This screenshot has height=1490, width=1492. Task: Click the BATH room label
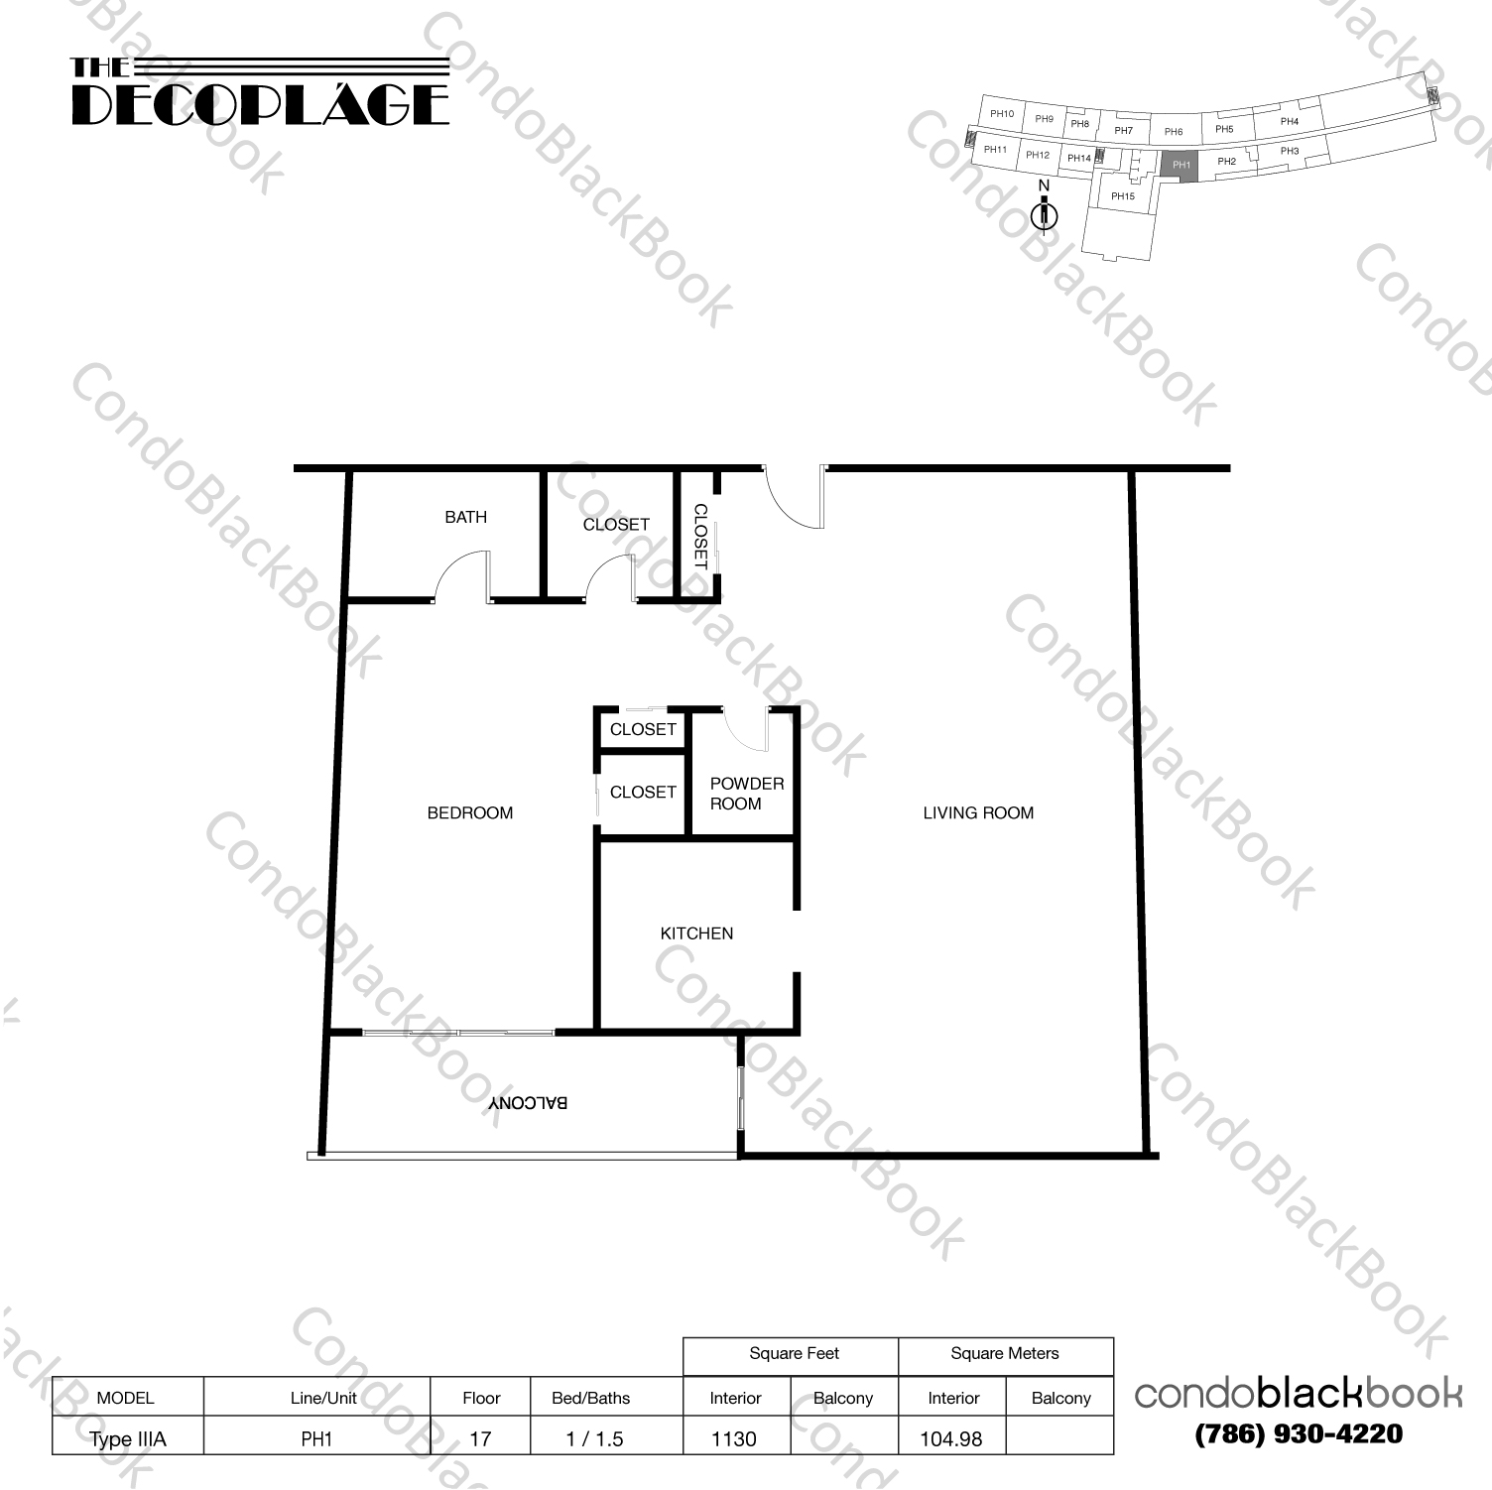tap(465, 517)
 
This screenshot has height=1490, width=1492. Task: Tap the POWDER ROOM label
tap(746, 794)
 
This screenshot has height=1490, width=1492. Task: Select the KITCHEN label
tap(696, 933)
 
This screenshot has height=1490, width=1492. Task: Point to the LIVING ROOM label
tap(977, 812)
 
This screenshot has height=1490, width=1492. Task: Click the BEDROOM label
tap(469, 812)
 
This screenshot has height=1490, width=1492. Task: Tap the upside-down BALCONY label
tap(527, 1103)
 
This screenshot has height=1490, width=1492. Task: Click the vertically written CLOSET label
tap(699, 536)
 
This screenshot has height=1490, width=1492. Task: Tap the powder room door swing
tap(745, 730)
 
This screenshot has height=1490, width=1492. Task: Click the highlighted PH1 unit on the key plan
tap(1180, 165)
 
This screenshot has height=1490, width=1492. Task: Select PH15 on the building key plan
tap(1122, 196)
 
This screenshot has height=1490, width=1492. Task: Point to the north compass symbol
tap(1044, 213)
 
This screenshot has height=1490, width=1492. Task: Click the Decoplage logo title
tap(260, 93)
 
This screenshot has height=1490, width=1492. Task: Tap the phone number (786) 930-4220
tap(1299, 1433)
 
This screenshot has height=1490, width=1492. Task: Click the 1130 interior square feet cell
tap(734, 1438)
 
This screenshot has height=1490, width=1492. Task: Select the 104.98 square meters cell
tap(950, 1438)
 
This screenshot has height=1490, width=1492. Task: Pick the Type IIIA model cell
tap(128, 1438)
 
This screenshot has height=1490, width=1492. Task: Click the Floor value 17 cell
tap(480, 1438)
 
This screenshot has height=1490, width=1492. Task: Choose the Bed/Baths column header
tap(590, 1398)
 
